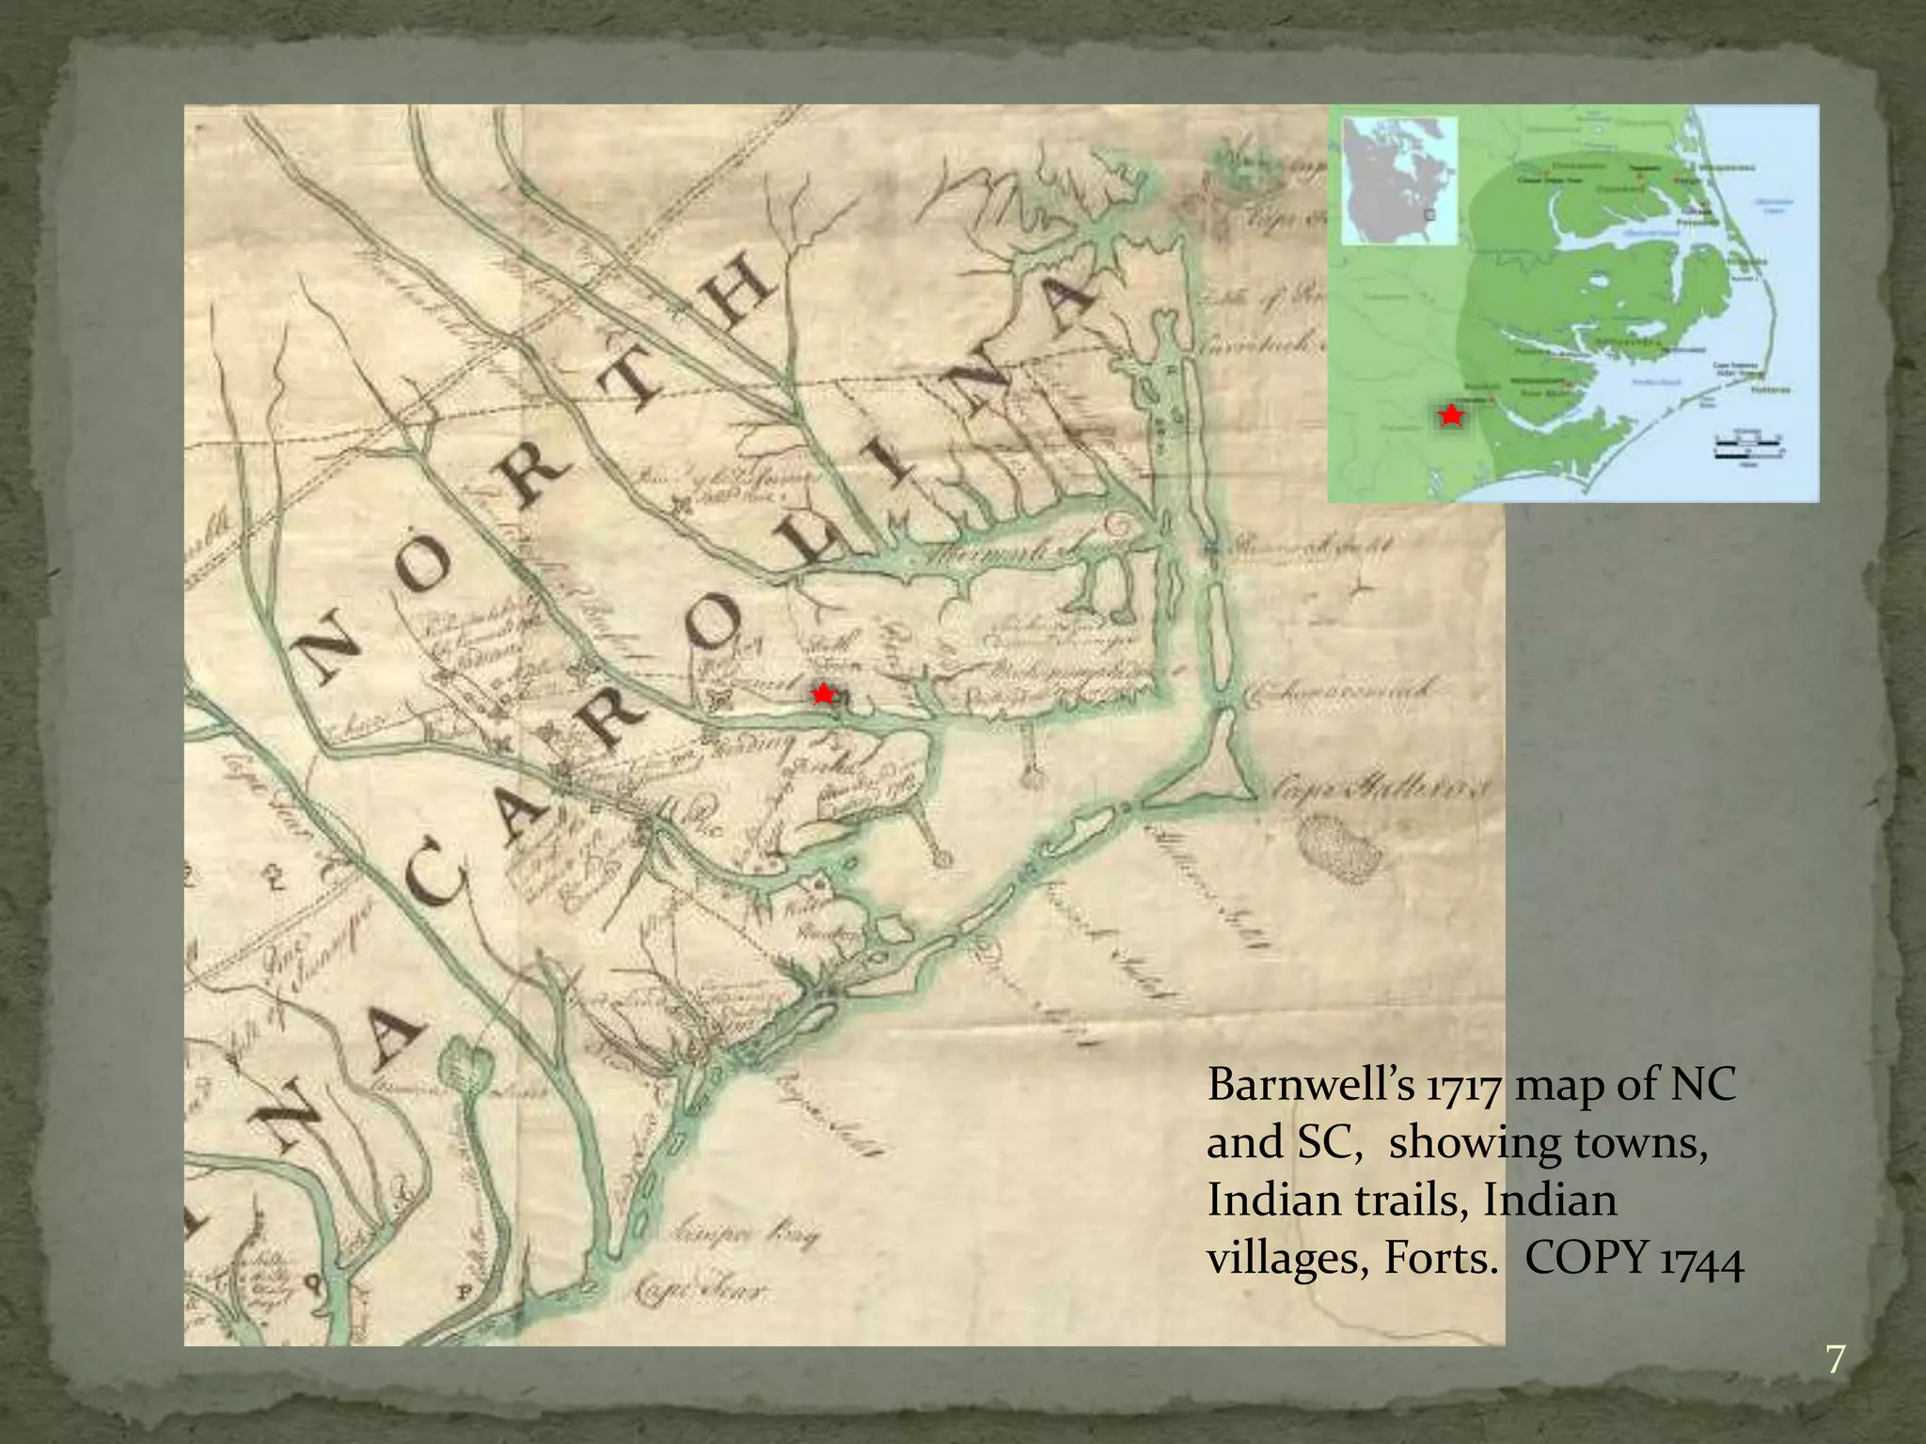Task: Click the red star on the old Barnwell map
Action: click(823, 695)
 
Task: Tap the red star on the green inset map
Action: click(1451, 415)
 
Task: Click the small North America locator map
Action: click(1398, 180)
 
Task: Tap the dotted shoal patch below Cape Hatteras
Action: click(1340, 849)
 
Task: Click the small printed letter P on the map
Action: click(464, 1292)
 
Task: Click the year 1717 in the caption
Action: click(1463, 1086)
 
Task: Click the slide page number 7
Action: click(1835, 1359)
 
